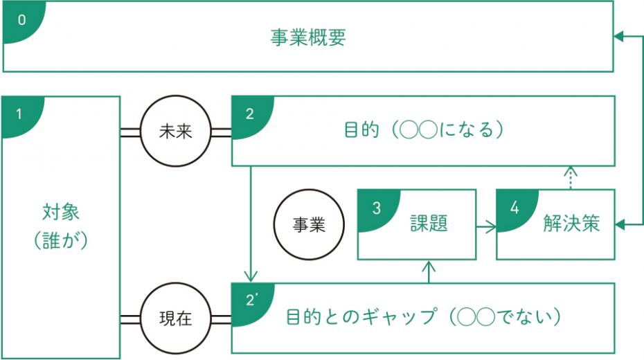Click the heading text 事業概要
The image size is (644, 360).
307,37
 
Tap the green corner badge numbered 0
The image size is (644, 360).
21,19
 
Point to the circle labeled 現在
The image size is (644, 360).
175,319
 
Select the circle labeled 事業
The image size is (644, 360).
308,225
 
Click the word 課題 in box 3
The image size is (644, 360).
429,224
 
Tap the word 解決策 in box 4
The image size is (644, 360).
571,224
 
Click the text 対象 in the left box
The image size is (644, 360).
62,210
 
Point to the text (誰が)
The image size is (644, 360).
62,240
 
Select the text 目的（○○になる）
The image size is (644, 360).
422,130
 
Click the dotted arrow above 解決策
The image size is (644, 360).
569,177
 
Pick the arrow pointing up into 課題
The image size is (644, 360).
429,271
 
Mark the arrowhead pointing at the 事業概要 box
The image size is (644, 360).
619,37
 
